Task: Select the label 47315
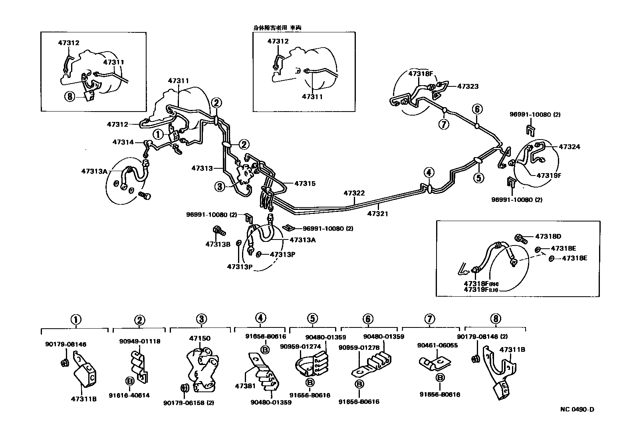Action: (x=305, y=184)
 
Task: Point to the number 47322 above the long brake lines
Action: (x=354, y=193)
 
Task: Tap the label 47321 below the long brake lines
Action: (x=377, y=214)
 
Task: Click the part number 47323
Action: (x=468, y=86)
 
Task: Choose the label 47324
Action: (x=569, y=147)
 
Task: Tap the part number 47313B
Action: (x=218, y=244)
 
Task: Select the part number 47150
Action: (x=200, y=338)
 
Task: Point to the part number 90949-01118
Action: (x=140, y=341)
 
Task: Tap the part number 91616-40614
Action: (x=129, y=395)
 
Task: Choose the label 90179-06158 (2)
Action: (x=189, y=403)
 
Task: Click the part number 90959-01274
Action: (x=295, y=346)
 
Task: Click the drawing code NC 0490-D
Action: (x=577, y=409)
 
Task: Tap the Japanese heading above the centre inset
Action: (x=277, y=28)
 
